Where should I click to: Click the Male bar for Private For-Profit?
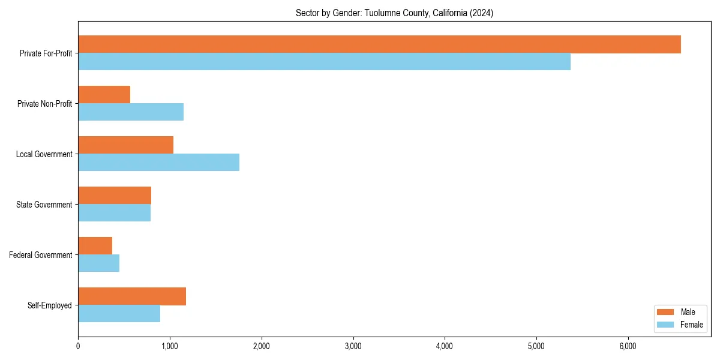pos(379,44)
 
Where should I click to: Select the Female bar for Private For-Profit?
pos(324,62)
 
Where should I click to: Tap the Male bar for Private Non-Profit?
pos(104,95)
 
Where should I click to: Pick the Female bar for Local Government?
pos(158,163)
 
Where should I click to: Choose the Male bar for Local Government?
pos(125,145)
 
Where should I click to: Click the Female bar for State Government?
pos(114,213)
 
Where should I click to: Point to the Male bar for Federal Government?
pos(95,246)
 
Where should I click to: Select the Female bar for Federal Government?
pos(98,263)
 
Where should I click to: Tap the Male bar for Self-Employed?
pos(132,296)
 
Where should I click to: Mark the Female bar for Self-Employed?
pos(119,314)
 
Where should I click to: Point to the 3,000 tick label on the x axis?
pos(353,346)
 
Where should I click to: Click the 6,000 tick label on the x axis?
pos(628,346)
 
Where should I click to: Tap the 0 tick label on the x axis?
pos(78,346)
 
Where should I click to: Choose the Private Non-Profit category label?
pos(44,104)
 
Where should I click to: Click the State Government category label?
pos(44,205)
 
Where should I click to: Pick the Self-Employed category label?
pos(50,305)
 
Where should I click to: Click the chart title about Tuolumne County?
pos(394,13)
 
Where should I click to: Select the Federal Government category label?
pos(41,255)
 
